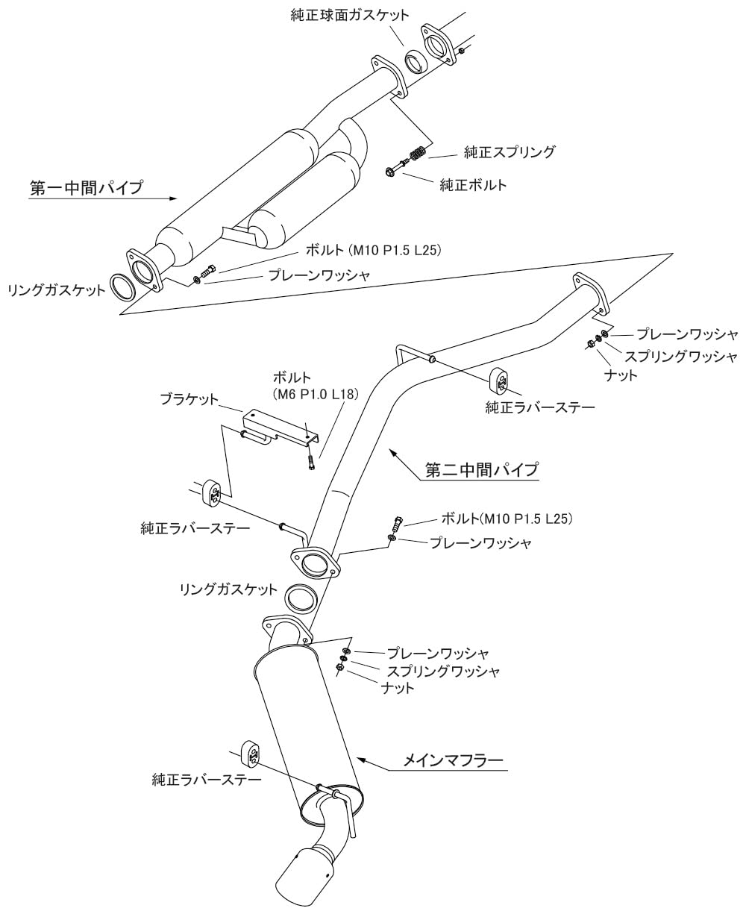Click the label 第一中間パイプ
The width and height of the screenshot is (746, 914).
click(x=87, y=188)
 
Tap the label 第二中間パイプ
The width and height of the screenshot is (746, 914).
click(x=482, y=470)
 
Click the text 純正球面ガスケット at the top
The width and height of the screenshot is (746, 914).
click(x=350, y=15)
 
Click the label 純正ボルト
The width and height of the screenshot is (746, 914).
click(x=473, y=185)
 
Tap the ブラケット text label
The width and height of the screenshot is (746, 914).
click(x=189, y=398)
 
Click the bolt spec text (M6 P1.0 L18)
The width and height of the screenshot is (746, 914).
click(x=316, y=394)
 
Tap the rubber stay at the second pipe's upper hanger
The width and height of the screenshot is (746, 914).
click(x=500, y=382)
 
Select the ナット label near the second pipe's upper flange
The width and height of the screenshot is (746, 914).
click(x=621, y=375)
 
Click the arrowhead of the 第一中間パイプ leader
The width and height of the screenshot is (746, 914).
click(x=172, y=198)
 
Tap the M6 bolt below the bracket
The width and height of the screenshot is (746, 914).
click(x=311, y=462)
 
